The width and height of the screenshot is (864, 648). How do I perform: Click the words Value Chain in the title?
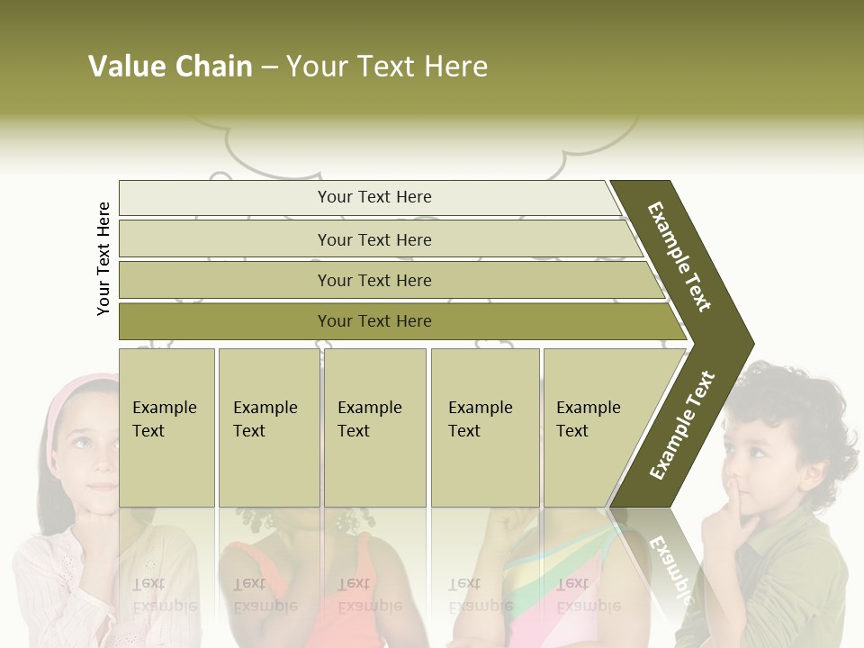[170, 67]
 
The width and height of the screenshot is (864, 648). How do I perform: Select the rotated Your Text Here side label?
[103, 258]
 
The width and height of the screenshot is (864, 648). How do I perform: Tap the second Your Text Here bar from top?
[374, 239]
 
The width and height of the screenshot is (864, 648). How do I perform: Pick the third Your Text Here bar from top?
[374, 280]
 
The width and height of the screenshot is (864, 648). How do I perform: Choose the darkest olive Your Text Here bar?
[374, 321]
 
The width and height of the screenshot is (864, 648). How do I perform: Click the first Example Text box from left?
[166, 427]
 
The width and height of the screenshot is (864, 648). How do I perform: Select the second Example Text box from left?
[268, 427]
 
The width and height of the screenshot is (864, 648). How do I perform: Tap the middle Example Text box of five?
[374, 427]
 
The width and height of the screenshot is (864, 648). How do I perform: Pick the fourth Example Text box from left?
[484, 427]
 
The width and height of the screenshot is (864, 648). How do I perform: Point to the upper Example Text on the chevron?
[679, 256]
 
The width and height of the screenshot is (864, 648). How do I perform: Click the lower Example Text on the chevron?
[682, 425]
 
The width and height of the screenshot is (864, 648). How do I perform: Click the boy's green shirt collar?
[792, 540]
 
